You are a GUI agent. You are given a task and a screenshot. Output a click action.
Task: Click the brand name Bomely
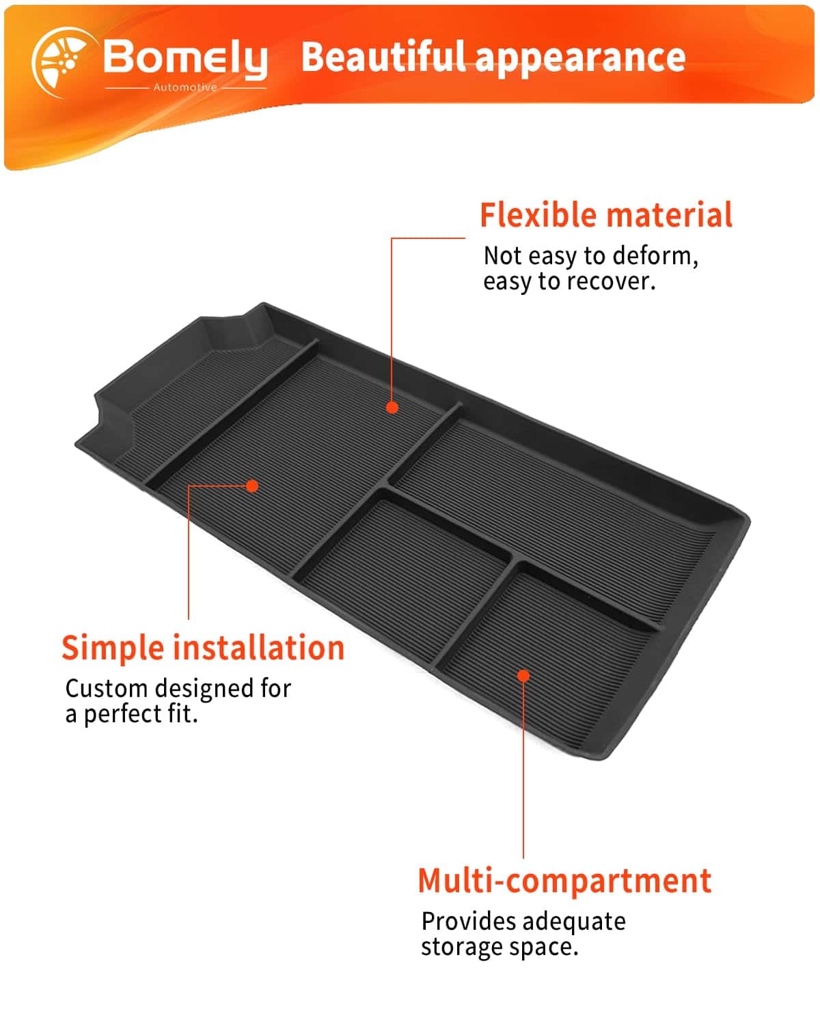point(185,59)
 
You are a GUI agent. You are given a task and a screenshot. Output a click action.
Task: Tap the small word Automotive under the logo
point(185,87)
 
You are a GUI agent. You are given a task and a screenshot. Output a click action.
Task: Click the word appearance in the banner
point(580,59)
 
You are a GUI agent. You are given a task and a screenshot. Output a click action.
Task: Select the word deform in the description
point(655,255)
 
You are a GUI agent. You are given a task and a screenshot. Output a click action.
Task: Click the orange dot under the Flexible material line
point(392,408)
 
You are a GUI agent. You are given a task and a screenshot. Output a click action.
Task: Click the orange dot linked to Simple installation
point(252,486)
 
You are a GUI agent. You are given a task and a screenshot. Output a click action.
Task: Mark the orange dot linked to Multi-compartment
point(523,676)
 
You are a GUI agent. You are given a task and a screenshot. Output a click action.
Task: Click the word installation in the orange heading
point(259,648)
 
